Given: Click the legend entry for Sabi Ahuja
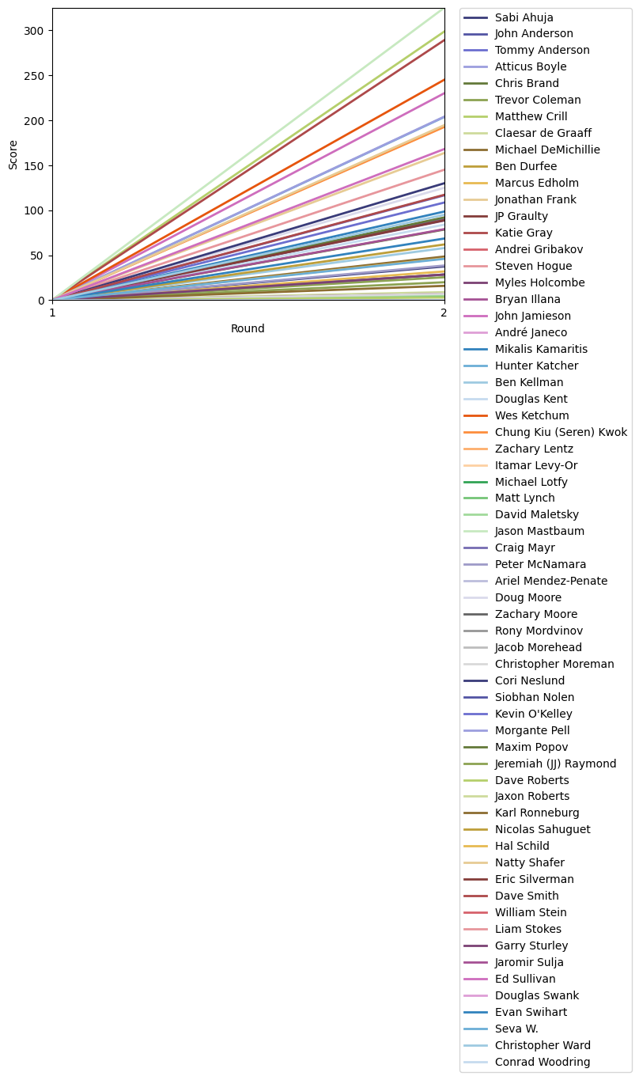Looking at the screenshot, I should tap(524, 17).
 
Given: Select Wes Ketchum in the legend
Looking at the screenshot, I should tap(531, 416).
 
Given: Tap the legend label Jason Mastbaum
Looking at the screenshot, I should tap(539, 532).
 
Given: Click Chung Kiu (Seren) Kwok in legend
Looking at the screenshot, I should tap(561, 433).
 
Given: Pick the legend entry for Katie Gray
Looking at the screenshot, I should tap(524, 233).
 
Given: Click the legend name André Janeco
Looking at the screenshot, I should tap(530, 333).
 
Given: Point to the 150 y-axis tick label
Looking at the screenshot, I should tap(36, 121).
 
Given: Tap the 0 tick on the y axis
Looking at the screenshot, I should tap(42, 301).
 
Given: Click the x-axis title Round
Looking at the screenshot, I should tap(248, 329).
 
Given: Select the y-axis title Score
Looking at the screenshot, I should tap(13, 154).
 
